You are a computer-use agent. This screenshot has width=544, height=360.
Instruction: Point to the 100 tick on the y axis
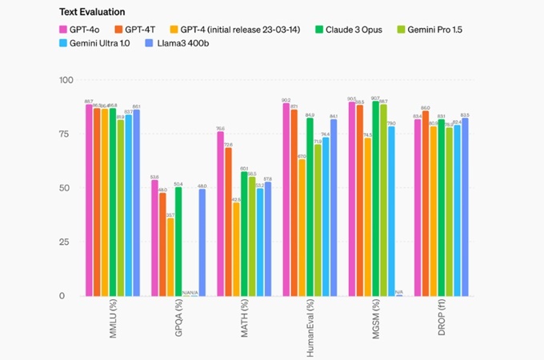(x=66, y=81)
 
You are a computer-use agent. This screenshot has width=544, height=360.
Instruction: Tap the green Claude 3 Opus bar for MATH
(x=244, y=231)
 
